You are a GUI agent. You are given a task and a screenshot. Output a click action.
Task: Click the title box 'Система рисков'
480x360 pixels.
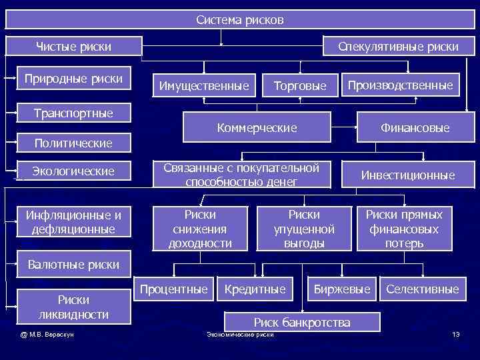[240, 20]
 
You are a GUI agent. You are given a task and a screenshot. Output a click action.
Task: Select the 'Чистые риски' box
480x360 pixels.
[73, 47]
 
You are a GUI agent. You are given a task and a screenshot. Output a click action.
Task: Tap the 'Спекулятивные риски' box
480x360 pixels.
[399, 47]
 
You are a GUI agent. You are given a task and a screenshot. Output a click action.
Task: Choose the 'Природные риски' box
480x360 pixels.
[73, 79]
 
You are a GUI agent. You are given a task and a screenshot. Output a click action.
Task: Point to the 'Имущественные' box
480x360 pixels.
[204, 86]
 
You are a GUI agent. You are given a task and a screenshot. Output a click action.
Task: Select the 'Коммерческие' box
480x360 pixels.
[257, 127]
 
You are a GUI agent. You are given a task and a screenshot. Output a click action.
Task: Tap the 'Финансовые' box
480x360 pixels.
[415, 127]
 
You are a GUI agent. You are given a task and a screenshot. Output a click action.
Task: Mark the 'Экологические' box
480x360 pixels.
[73, 171]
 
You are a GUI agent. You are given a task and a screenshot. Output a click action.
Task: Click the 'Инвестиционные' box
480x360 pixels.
[408, 175]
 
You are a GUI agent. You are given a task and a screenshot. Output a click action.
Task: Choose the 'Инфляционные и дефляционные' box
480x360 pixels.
[73, 222]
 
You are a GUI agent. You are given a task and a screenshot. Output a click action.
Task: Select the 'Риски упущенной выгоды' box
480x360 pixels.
[304, 229]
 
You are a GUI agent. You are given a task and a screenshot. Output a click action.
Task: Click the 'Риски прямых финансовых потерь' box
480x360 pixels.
[404, 229]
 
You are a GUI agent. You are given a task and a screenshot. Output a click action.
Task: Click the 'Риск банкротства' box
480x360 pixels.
[302, 323]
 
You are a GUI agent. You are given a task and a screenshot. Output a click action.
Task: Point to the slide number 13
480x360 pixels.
[455, 334]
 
